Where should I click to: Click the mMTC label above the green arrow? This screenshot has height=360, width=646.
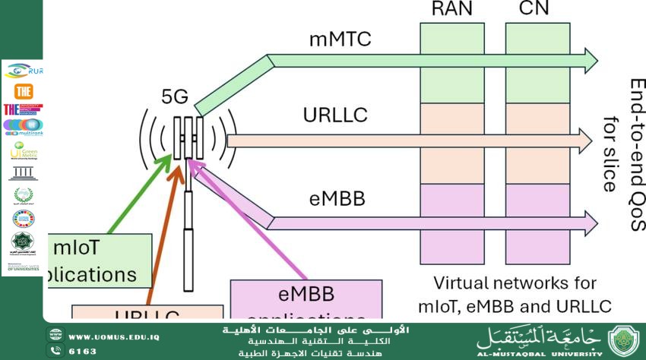point(340,39)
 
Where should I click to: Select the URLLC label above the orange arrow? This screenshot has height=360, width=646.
point(335,115)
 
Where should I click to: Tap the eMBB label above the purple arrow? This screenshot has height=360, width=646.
point(337,199)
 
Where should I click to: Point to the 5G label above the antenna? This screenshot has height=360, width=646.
point(175,96)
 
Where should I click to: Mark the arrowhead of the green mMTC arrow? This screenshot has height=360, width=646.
point(590,58)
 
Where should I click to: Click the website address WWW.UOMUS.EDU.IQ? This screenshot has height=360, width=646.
point(114,336)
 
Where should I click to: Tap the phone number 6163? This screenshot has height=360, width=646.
point(83,352)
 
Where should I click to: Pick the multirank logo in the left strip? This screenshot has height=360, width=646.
point(23,126)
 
